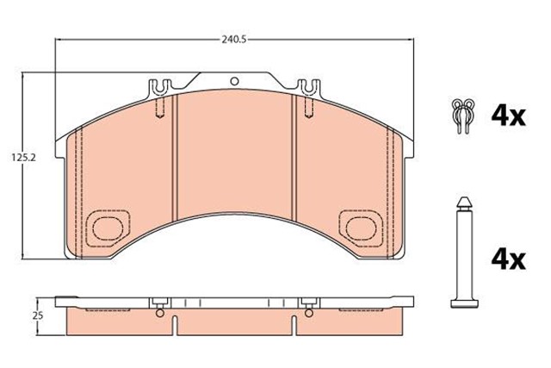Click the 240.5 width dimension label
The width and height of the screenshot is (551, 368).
point(231,39)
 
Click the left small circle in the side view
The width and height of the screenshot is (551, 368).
point(159,313)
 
